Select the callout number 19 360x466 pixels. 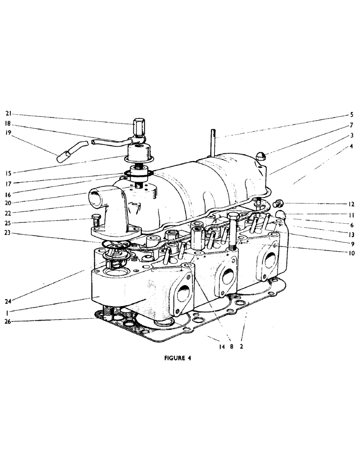coord(8,137)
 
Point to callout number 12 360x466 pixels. coord(351,204)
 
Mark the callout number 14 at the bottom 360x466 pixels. coord(217,347)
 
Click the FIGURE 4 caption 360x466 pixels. coord(178,359)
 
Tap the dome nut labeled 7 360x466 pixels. coord(262,157)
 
